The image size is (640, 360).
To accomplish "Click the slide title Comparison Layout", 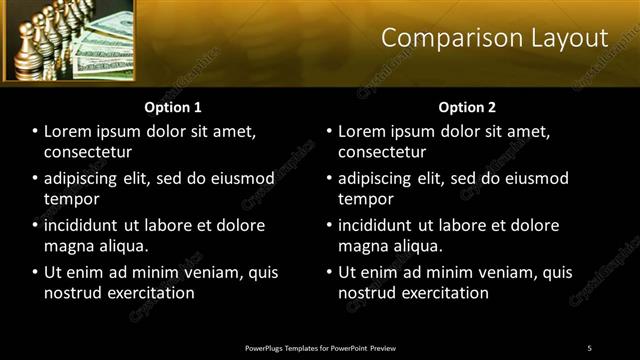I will [494, 38].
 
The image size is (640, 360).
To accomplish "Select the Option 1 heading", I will [173, 106].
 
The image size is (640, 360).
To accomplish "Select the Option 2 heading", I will [466, 106].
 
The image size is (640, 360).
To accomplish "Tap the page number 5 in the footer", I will [589, 347].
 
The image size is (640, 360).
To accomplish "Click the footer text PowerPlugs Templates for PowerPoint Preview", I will [320, 347].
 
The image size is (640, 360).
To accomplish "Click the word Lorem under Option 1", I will [68, 131].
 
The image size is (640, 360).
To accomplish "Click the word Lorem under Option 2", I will [362, 131].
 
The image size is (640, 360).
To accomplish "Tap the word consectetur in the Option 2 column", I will [383, 152].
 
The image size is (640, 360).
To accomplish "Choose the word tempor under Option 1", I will [69, 199].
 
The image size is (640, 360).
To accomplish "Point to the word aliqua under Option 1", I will [121, 246].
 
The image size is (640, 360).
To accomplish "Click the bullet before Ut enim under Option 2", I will [329, 272].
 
